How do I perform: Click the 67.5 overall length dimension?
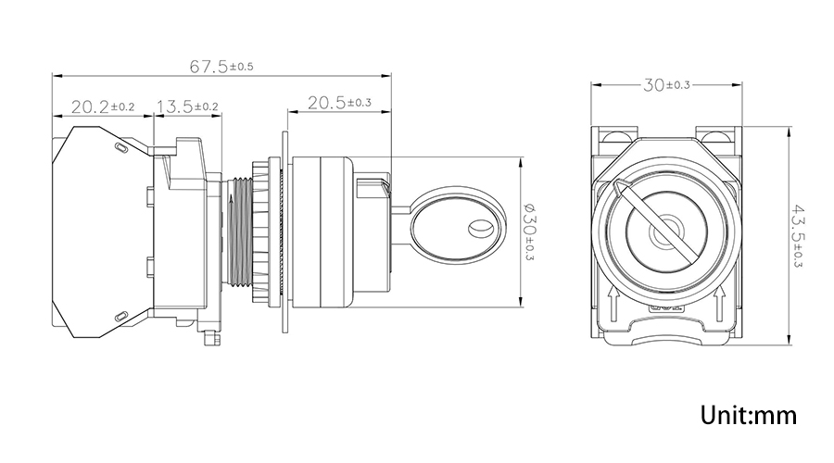pyautogui.click(x=221, y=67)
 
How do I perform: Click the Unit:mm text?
pyautogui.click(x=749, y=415)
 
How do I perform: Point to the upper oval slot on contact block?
pyautogui.click(x=121, y=148)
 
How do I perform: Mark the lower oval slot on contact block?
pyautogui.click(x=121, y=317)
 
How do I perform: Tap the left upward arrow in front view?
pyautogui.click(x=613, y=305)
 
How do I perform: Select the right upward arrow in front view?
pyautogui.click(x=720, y=305)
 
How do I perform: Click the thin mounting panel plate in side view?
pyautogui.click(x=285, y=231)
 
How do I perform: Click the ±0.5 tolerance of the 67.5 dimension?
pyautogui.click(x=242, y=67)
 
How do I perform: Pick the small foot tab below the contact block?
pyautogui.click(x=212, y=338)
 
